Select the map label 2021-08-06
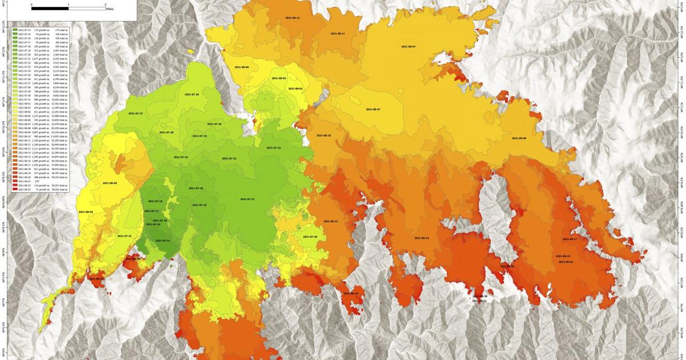[242, 67]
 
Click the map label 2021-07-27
[135, 114]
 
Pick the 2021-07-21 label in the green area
[247, 199]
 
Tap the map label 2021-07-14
[163, 241]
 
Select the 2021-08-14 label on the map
[421, 238]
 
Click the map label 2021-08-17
[570, 239]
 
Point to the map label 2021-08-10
[324, 135]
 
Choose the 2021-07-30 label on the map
[310, 237]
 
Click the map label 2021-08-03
[86, 211]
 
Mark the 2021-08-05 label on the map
[110, 183]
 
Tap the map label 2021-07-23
[273, 147]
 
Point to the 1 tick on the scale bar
[69, 5]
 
